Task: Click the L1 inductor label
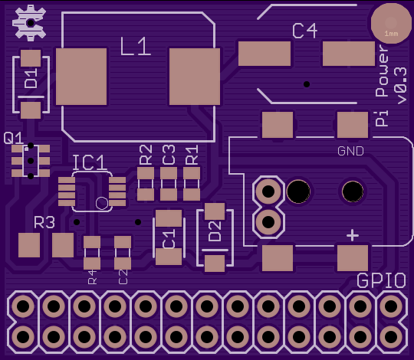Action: (136, 47)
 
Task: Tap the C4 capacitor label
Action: (304, 31)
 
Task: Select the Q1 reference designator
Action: (13, 138)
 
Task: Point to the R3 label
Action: (44, 222)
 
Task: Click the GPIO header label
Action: (381, 280)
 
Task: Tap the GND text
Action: (350, 151)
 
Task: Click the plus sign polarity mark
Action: (353, 235)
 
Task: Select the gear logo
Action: (30, 23)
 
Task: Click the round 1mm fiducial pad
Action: (391, 24)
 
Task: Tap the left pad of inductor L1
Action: (81, 77)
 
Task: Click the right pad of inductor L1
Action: (195, 77)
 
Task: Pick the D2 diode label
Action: (215, 231)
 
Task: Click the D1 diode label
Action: (31, 78)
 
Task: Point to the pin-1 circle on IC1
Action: (102, 203)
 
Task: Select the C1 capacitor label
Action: (169, 239)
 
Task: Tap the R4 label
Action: (93, 277)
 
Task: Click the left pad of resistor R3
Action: (29, 245)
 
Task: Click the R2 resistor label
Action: (146, 155)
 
